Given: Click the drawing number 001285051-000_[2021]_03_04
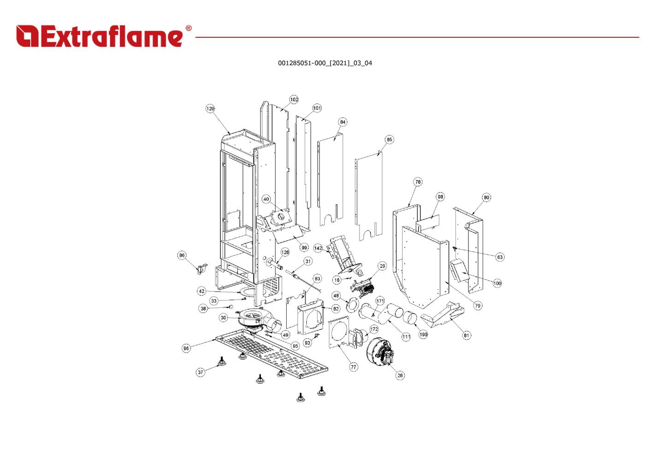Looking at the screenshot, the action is [325, 63].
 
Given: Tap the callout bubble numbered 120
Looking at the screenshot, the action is [210, 109].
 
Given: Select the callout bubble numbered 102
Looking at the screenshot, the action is [294, 100].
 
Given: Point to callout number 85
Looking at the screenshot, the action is [389, 140].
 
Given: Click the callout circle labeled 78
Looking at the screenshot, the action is [418, 182].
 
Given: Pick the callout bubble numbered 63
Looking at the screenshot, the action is [500, 257].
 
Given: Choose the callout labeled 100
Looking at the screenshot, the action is [497, 283].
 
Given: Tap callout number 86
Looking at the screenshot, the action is [182, 255].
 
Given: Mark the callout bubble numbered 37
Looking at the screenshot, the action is [200, 372].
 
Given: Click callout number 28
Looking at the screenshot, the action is [400, 376].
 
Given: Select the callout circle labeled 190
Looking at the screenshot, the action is [423, 335].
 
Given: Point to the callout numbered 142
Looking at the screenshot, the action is [318, 248].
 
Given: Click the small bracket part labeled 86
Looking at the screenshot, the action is [202, 269].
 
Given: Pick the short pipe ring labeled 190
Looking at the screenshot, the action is [410, 318].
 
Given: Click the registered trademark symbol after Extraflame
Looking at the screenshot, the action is [189, 28].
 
